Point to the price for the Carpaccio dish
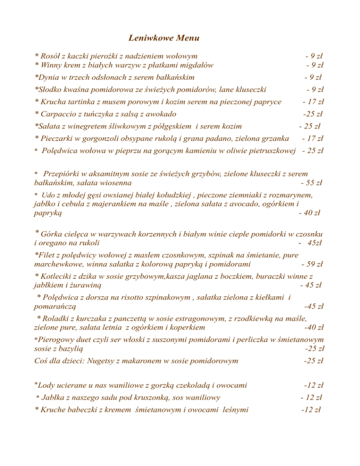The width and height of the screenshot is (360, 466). coord(315,113)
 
